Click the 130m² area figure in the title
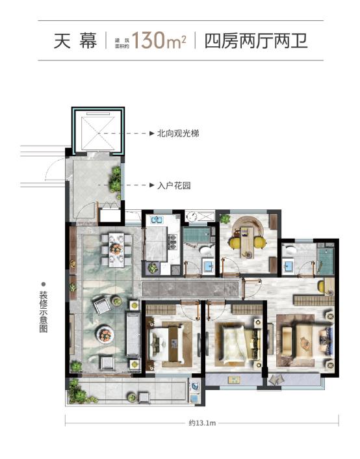[x=159, y=42]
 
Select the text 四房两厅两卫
[x=255, y=42]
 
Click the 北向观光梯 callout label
[x=177, y=133]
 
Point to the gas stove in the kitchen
[x=174, y=241]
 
